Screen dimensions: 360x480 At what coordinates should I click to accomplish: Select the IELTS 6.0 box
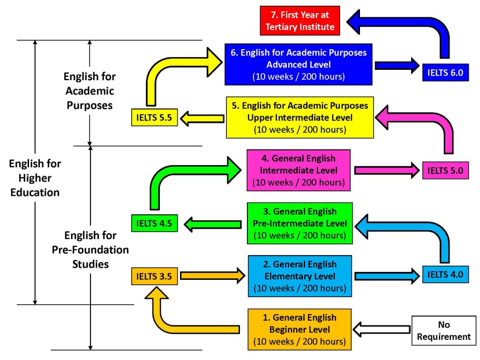(445, 72)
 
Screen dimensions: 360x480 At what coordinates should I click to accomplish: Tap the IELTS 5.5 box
(154, 118)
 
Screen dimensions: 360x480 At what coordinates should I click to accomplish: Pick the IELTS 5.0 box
(445, 171)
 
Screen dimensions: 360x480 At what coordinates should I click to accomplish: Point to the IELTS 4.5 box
(154, 223)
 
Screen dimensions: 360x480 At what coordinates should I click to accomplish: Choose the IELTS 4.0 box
(445, 274)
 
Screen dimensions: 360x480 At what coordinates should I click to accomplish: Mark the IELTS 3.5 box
(154, 277)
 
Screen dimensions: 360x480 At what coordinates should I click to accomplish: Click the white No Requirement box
(441, 330)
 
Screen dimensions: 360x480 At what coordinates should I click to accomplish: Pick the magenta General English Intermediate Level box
(299, 170)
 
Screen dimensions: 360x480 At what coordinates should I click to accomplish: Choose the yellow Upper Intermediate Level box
(300, 117)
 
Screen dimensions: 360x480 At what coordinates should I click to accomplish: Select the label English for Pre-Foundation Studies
(90, 249)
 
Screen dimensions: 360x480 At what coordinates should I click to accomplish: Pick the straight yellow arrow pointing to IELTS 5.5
(202, 118)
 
